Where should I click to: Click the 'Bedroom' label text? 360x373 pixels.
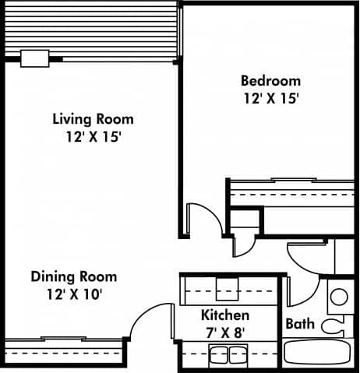click(x=270, y=81)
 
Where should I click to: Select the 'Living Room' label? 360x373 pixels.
click(x=93, y=119)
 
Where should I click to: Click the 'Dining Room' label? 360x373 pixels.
click(x=74, y=276)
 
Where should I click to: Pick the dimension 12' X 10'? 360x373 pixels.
click(x=74, y=294)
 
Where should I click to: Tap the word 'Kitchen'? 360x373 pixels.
click(x=225, y=315)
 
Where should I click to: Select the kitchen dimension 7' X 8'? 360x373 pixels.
click(x=225, y=333)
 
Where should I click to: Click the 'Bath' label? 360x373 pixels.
click(x=300, y=323)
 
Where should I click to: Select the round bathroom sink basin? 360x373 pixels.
click(x=339, y=297)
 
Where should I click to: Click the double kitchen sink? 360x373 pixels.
click(x=228, y=354)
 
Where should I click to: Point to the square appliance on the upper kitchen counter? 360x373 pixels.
click(x=226, y=289)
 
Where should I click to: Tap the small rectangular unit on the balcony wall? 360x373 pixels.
click(x=34, y=58)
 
